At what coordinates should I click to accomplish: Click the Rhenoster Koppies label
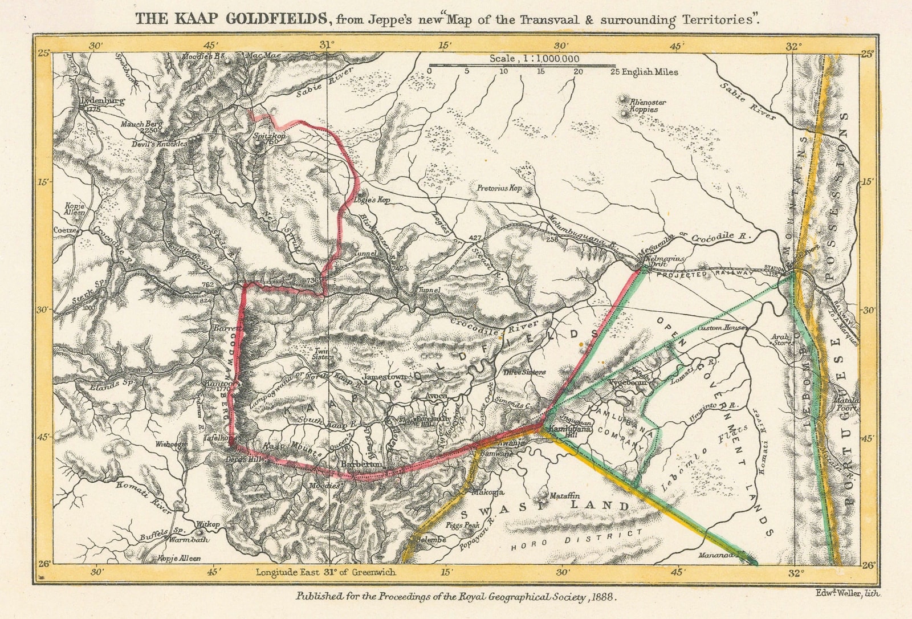[648, 105]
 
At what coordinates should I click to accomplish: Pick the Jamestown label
[385, 377]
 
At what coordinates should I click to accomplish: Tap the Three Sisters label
[524, 372]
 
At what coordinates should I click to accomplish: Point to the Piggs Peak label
[463, 525]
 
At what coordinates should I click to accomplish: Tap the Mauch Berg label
[141, 124]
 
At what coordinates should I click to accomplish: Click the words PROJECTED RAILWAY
[705, 274]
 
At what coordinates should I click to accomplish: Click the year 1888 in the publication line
[604, 597]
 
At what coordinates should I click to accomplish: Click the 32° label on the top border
[793, 46]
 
